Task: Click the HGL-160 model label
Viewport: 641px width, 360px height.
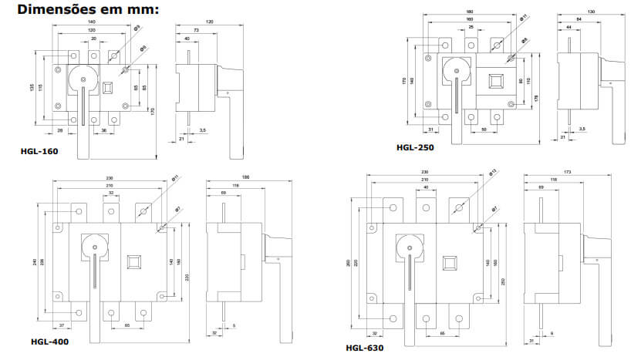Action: coord(39,151)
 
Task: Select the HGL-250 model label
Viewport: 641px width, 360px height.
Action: coord(414,147)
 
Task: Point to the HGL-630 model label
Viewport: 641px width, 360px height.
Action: coord(365,348)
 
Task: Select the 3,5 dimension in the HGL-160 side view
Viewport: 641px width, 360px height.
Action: coord(201,131)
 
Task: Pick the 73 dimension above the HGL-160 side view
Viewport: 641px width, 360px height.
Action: coord(197,29)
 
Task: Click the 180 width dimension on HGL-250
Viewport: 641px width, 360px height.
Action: coord(470,11)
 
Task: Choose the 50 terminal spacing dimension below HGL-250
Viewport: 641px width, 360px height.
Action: coord(483,130)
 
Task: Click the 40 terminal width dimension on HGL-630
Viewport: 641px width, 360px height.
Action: coord(426,187)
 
